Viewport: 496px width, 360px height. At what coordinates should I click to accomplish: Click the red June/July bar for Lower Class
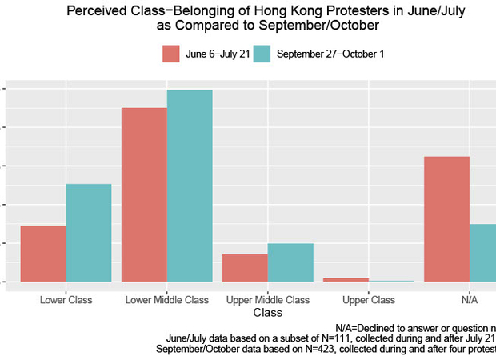[43, 254]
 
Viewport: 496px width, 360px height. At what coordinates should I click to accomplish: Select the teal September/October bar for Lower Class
[89, 233]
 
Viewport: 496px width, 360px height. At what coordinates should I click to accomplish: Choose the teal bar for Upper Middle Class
[290, 262]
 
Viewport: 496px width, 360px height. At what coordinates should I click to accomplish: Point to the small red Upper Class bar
[346, 279]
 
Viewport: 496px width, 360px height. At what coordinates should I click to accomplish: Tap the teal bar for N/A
[483, 253]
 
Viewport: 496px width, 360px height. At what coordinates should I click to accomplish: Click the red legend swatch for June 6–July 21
[170, 54]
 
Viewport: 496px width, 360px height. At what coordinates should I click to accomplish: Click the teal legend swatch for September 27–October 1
[262, 54]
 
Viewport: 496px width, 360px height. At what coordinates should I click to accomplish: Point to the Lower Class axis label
[66, 300]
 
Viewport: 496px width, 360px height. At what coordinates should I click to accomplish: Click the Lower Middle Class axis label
[167, 300]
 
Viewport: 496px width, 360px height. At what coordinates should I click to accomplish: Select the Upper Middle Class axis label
[268, 300]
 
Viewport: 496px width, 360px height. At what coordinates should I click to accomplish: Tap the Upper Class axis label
[369, 300]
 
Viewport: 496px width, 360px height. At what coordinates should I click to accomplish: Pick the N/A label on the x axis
[470, 300]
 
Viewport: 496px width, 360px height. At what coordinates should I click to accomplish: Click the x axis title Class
[267, 313]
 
